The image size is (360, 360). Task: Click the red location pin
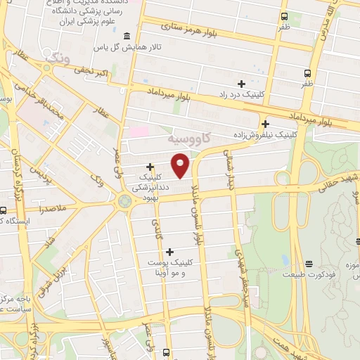pyautogui.click(x=181, y=165)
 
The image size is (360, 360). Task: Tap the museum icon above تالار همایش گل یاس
pyautogui.click(x=127, y=37)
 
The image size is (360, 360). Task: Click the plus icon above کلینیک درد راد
pyautogui.click(x=242, y=84)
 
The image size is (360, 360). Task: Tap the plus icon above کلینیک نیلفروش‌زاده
pyautogui.click(x=265, y=121)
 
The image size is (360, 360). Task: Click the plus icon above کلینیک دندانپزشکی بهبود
pyautogui.click(x=150, y=166)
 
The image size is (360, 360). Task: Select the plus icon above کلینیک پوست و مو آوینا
pyautogui.click(x=169, y=251)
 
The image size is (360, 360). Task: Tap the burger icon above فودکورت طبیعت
pyautogui.click(x=309, y=265)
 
